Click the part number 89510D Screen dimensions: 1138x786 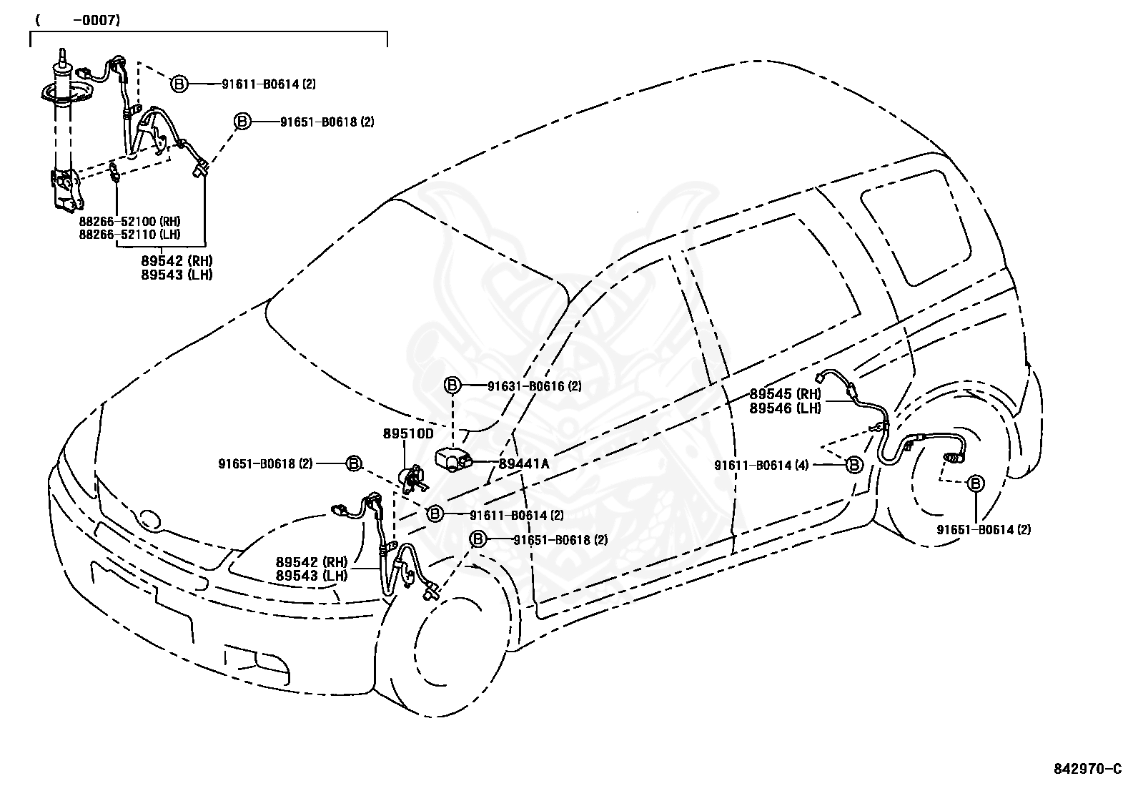point(408,433)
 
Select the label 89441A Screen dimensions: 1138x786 point(524,463)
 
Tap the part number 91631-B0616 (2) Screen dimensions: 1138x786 point(535,386)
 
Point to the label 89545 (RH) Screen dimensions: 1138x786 point(785,394)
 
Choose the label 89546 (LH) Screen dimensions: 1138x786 point(785,408)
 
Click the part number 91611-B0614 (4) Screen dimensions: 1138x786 point(761,465)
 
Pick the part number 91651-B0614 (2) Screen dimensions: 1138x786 point(984,530)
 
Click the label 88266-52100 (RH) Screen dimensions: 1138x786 point(129,222)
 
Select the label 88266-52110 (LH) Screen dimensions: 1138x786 point(129,235)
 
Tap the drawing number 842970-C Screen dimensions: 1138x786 point(1087,769)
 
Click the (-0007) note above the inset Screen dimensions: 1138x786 point(78,20)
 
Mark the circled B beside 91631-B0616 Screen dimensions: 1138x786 point(452,385)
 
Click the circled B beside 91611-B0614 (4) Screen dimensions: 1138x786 point(854,464)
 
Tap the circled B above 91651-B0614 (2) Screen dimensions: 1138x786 point(975,483)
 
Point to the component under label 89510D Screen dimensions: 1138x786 point(412,478)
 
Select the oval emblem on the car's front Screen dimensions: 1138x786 point(149,520)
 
